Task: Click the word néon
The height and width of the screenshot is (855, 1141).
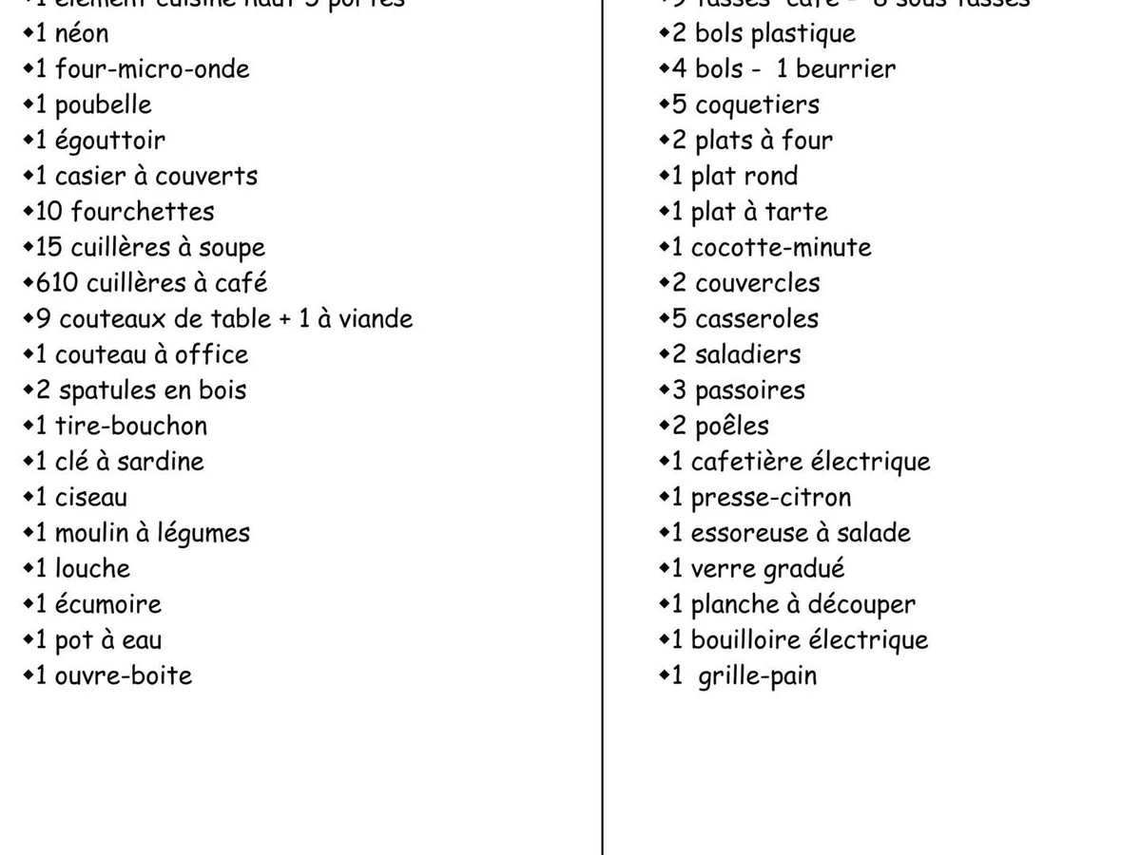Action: point(82,33)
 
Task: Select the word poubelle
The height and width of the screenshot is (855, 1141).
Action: point(103,104)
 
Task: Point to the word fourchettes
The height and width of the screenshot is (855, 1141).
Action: point(142,212)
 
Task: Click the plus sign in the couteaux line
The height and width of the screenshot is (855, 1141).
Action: point(284,319)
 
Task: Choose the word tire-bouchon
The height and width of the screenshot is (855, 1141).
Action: point(130,426)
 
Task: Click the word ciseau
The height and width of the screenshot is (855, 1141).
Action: point(90,497)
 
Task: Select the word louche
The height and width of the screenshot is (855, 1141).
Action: point(92,568)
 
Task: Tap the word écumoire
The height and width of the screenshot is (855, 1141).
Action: point(107,604)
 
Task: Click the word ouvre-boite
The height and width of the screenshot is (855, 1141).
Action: point(123,675)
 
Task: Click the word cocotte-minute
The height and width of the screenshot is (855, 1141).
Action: point(781,248)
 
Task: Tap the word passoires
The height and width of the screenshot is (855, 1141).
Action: point(749,390)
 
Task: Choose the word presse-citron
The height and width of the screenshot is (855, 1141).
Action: point(770,498)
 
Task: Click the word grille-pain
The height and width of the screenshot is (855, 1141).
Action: point(757,676)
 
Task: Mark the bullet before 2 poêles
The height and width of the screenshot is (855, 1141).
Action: point(664,425)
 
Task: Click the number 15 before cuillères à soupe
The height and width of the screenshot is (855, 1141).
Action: point(48,248)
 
